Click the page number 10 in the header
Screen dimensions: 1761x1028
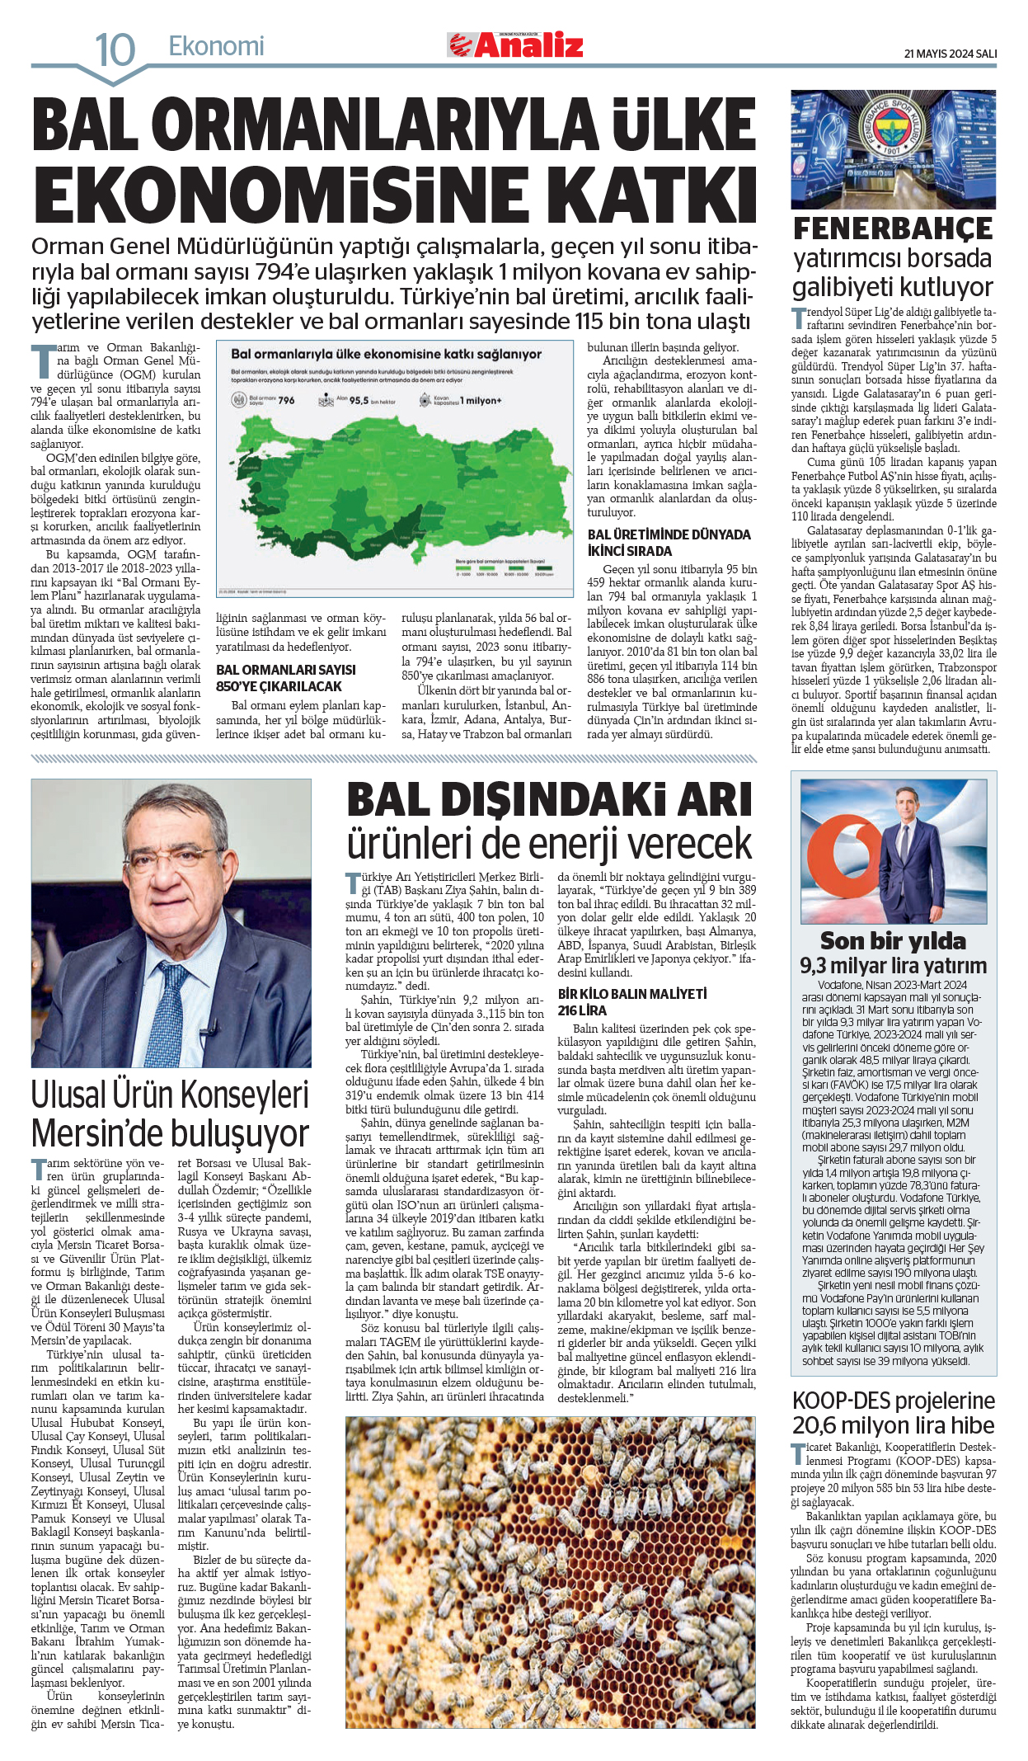115,49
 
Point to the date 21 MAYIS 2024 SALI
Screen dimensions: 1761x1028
950,54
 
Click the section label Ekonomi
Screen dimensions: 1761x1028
216,46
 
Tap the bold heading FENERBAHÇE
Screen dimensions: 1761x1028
893,228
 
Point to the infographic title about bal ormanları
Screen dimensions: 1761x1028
386,354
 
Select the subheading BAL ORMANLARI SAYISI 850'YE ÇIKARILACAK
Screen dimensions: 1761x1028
286,678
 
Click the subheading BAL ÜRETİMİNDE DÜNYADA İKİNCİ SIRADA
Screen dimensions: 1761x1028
669,543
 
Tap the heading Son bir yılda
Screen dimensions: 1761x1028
893,941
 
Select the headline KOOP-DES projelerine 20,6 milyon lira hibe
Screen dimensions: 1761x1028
893,1413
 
